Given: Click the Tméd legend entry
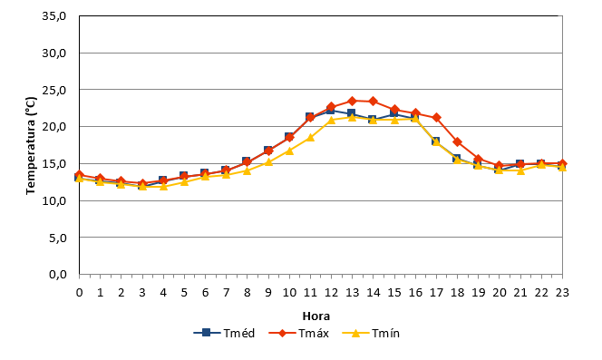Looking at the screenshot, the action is coord(224,333).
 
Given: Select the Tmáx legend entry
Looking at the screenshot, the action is coord(298,333).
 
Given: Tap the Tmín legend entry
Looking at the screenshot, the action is coord(371,333).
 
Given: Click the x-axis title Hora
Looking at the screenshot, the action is coord(316,316).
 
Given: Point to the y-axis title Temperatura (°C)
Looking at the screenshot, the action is coord(31,146).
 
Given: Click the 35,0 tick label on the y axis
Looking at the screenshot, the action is coord(54,16).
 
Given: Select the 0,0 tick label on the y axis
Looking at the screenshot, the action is coord(58,275).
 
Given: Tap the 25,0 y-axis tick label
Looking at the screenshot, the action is coord(54,90).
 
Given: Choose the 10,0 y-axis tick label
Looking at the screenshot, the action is coord(54,200).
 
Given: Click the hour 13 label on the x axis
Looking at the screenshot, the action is coord(352,292).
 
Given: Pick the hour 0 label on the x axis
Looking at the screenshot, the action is coord(80,292).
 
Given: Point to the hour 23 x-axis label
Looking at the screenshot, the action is coord(562,292).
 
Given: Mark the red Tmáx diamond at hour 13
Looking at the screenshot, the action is coord(352,101).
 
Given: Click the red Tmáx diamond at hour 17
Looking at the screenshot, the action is coord(436,117).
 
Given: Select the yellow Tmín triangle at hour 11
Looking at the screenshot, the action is coord(310,137).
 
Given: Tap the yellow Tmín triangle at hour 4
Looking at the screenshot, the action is coord(163,186).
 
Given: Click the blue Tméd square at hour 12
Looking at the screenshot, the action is coord(331,111).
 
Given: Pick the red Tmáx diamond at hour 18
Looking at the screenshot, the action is coord(457,141).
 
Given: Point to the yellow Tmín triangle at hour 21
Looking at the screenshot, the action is coord(520,170).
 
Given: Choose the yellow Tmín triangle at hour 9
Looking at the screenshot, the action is coord(268,161).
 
